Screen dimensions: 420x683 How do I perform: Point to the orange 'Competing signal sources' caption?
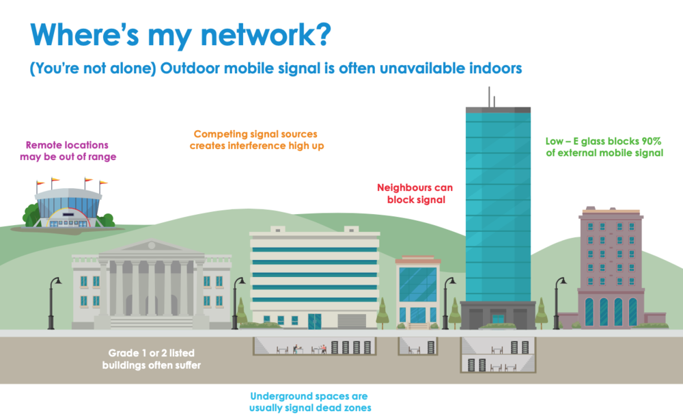255,140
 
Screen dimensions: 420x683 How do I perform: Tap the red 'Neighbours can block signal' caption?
415,193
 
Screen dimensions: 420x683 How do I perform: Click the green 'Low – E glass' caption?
604,147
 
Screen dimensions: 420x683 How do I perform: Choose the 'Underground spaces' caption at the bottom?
309,402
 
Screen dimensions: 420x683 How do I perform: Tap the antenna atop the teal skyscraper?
490,98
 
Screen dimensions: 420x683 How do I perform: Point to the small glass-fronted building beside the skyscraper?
418,290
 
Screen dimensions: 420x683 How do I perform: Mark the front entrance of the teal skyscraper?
497,318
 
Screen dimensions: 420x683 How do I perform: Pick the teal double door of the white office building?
314,320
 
